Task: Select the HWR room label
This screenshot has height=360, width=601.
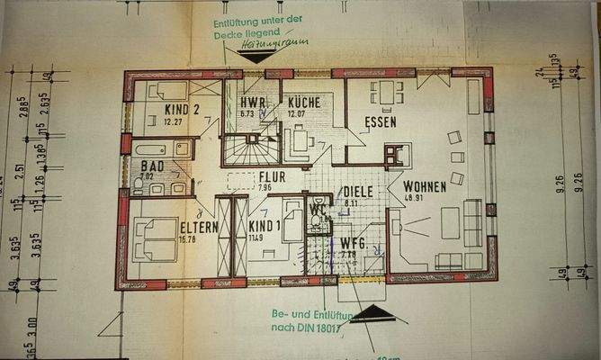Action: point(251,103)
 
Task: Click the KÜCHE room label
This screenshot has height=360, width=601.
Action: point(304,103)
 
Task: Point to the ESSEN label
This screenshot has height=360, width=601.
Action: point(381,121)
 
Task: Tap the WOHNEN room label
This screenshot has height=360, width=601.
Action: point(426,186)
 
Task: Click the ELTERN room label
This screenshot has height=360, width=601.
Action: point(199,228)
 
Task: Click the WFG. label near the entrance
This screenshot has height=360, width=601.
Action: point(352,243)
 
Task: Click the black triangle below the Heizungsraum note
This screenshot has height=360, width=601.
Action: point(257,57)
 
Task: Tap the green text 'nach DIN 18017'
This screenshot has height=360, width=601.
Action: point(309,329)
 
